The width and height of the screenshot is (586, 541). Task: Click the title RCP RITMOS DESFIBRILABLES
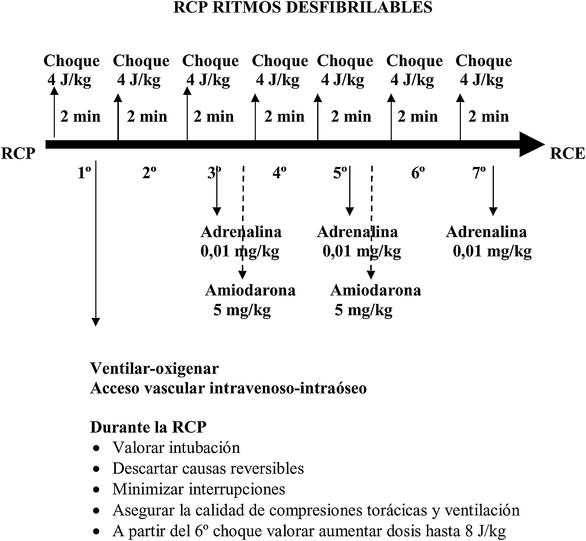pyautogui.click(x=303, y=8)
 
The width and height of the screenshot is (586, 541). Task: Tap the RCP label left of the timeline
pyautogui.click(x=18, y=153)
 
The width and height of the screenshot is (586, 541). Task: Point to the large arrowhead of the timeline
pyautogui.click(x=531, y=144)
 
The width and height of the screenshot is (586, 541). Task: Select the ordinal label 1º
pyautogui.click(x=84, y=173)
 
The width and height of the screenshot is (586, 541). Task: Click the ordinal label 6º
pyautogui.click(x=418, y=173)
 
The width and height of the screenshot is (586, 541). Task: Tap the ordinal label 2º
pyautogui.click(x=149, y=173)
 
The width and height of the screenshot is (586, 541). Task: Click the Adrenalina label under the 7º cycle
pyautogui.click(x=486, y=232)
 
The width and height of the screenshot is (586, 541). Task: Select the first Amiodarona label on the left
pyautogui.click(x=250, y=290)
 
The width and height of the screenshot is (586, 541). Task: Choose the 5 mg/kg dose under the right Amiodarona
pyautogui.click(x=363, y=310)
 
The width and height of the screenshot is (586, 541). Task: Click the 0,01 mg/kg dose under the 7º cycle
pyautogui.click(x=492, y=251)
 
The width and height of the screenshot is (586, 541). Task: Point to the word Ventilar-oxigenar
pyautogui.click(x=154, y=369)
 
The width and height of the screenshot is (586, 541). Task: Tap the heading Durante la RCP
pyautogui.click(x=148, y=427)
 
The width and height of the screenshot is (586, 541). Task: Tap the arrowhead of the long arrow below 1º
pyautogui.click(x=96, y=322)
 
